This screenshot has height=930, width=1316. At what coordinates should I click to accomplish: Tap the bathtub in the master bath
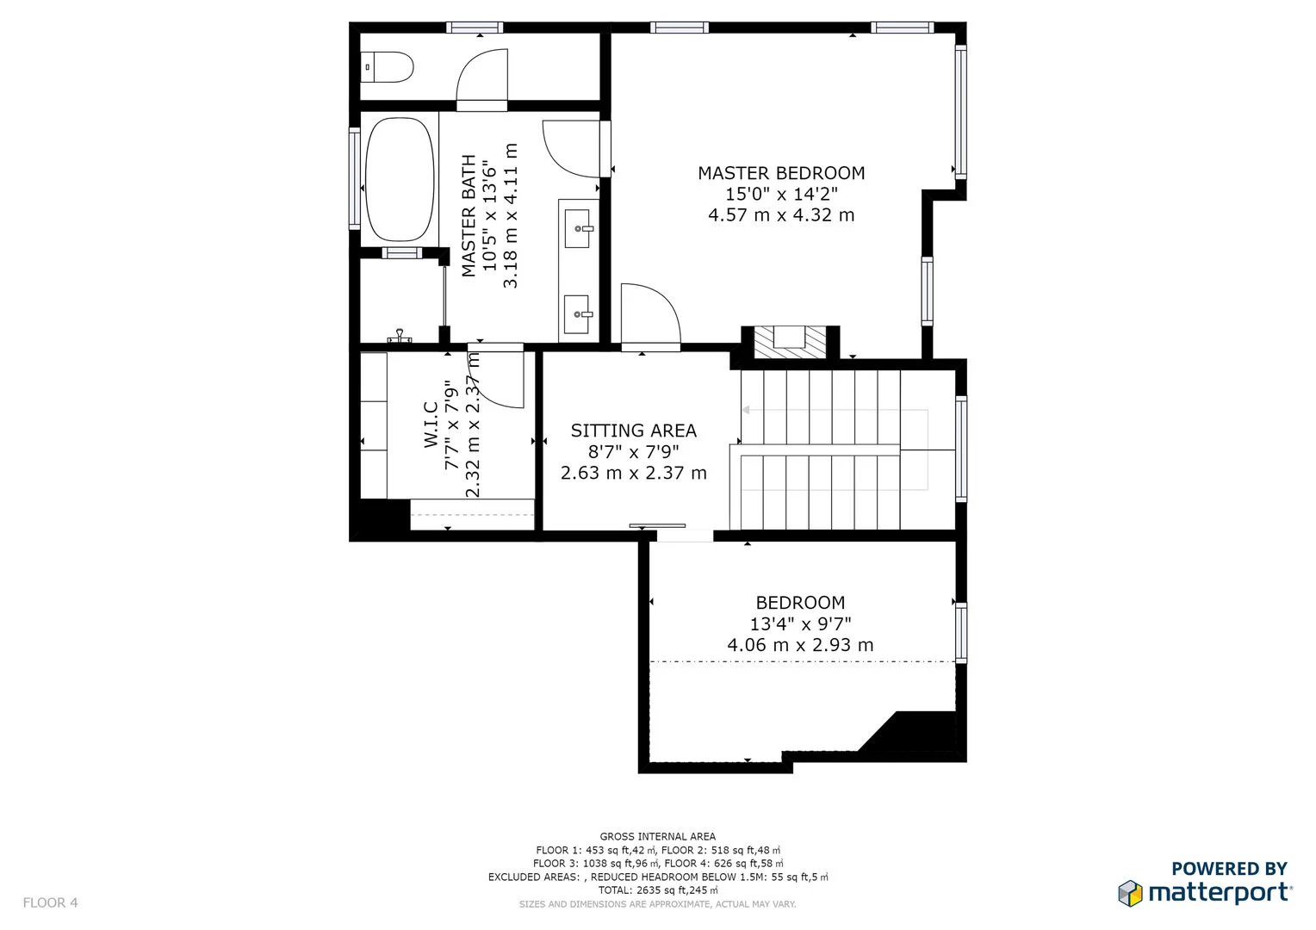click(x=400, y=179)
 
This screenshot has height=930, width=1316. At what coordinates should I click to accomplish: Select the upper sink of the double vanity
click(x=577, y=228)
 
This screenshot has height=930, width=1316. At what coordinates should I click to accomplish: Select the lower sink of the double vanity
click(x=577, y=314)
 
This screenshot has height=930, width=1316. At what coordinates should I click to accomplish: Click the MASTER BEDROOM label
click(x=781, y=173)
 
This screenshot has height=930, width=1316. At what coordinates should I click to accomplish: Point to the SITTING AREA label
click(x=633, y=431)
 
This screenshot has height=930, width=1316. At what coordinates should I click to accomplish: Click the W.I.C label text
click(x=431, y=425)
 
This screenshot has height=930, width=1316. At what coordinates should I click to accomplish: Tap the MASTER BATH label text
click(x=469, y=215)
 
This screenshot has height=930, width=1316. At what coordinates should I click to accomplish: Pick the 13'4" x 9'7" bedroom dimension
click(x=800, y=623)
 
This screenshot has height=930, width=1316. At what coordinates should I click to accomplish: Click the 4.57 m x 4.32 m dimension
click(x=781, y=215)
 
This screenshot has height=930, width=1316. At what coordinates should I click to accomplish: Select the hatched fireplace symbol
click(x=789, y=342)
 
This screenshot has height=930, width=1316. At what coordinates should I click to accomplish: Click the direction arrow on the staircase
click(x=746, y=410)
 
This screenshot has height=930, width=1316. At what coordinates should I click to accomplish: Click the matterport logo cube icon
click(x=1130, y=893)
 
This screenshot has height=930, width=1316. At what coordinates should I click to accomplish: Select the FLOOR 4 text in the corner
click(x=50, y=902)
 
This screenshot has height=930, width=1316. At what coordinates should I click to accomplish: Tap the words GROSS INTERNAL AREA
click(x=657, y=836)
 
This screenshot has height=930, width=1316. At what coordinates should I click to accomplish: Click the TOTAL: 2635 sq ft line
click(x=657, y=890)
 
